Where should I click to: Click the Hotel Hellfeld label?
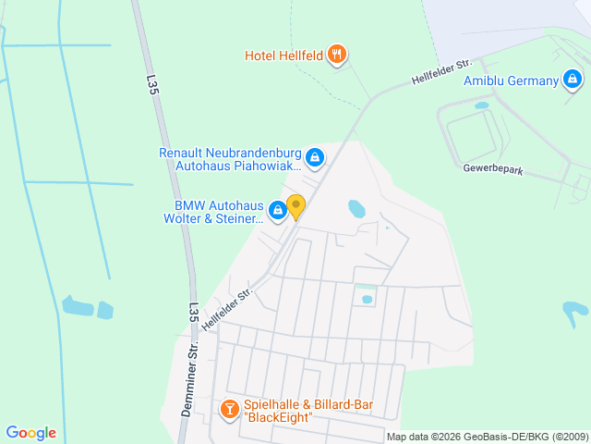tap(283, 55)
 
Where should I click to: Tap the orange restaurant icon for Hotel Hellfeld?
tap(337, 55)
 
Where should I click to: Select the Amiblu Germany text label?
tap(511, 80)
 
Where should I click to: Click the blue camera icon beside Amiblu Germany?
tap(573, 80)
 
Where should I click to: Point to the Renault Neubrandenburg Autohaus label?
tap(230, 159)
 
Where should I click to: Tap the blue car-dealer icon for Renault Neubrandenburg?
tap(316, 158)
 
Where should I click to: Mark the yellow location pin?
tap(295, 205)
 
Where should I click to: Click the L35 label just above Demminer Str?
tap(193, 313)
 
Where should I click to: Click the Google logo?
tap(30, 432)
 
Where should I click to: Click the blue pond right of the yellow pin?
tap(356, 209)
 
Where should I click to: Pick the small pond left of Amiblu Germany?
tap(481, 105)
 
